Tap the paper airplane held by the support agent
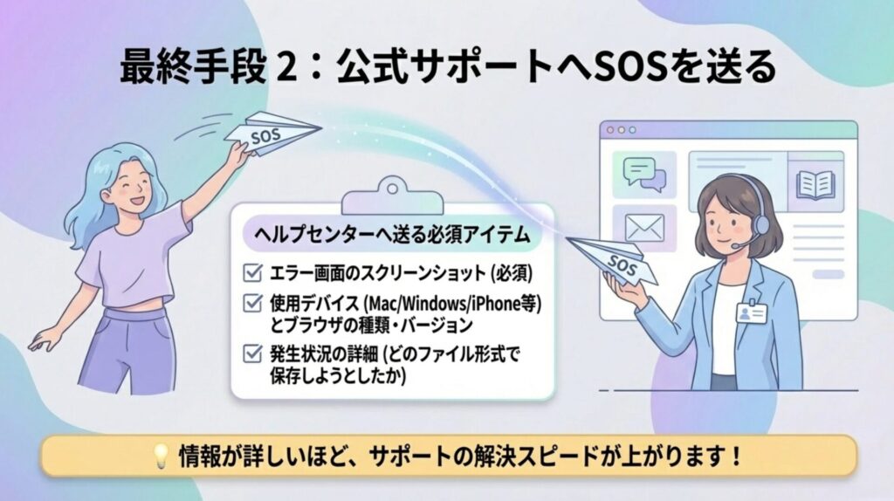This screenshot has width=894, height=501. [x=614, y=261]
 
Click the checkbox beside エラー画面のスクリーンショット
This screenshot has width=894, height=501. [x=252, y=273]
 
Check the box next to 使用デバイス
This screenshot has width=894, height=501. [x=252, y=303]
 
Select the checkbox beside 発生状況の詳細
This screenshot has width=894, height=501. [x=252, y=353]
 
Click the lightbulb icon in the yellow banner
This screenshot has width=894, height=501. [x=161, y=456]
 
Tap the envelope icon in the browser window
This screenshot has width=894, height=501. [x=644, y=228]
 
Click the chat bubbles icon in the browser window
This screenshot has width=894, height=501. [x=644, y=174]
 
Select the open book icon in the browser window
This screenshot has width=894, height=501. [x=815, y=185]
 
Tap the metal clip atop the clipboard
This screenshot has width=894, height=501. [x=392, y=195]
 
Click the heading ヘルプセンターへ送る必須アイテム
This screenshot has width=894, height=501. [x=392, y=234]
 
